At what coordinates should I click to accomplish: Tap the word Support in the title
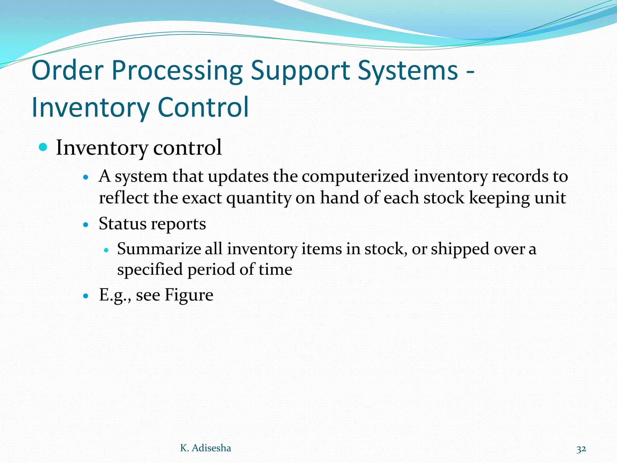[x=300, y=71]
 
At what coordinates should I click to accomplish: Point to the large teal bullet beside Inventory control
[x=43, y=147]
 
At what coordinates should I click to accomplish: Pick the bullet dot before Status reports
[x=86, y=225]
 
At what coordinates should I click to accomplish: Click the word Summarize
[x=159, y=249]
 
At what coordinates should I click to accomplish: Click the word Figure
[x=189, y=295]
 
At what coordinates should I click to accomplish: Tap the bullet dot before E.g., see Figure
[x=86, y=296]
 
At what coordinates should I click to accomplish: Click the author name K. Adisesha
[x=205, y=448]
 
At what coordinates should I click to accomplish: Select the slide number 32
[x=581, y=449]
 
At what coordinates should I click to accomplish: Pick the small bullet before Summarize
[x=106, y=250]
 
